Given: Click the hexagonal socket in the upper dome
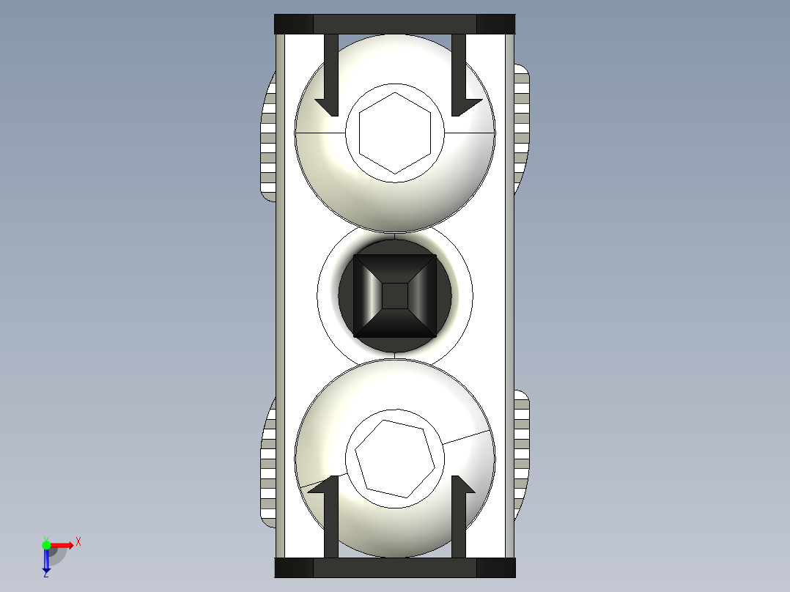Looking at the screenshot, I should pos(394,133).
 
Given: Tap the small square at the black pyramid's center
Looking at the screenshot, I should pos(395,295).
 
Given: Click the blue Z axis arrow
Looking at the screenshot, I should pos(46,561).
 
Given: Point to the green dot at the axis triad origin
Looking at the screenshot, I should pos(46,544).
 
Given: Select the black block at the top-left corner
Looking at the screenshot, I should pos(294,24).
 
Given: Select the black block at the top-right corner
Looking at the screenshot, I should pos(495,24).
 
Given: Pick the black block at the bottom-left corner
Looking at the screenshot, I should pos(294,568).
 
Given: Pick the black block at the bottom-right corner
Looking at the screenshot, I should pos(495,568).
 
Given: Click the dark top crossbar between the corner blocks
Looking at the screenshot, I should pos(394,24).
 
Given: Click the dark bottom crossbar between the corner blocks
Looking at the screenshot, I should pos(394,568).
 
